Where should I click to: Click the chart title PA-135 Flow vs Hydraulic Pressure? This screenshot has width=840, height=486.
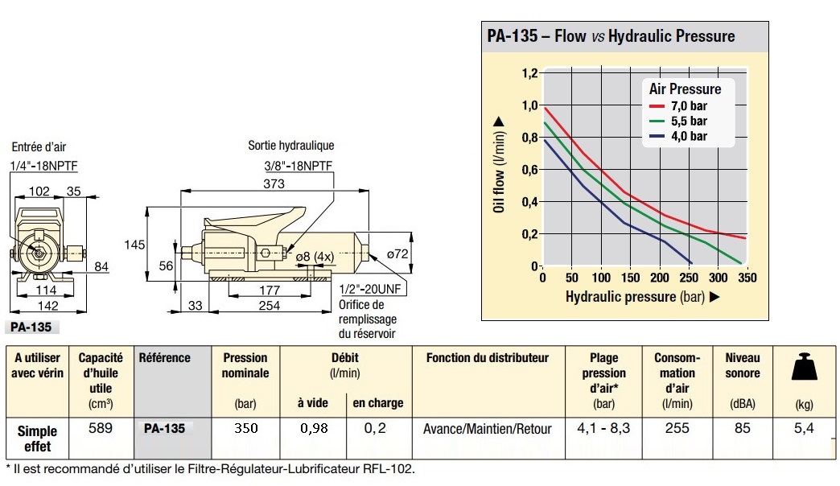tap(611, 36)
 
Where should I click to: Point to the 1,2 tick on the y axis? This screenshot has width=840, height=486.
tap(528, 73)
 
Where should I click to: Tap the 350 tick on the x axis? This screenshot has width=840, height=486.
tap(746, 278)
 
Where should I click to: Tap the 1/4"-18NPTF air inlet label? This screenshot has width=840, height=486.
tap(48, 167)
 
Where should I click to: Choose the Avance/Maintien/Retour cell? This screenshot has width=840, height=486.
tap(488, 429)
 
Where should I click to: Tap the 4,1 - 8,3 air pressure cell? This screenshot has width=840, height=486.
tap(603, 428)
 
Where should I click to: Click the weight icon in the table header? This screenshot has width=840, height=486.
tap(804, 368)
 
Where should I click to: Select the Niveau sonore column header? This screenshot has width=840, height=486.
tap(742, 364)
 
